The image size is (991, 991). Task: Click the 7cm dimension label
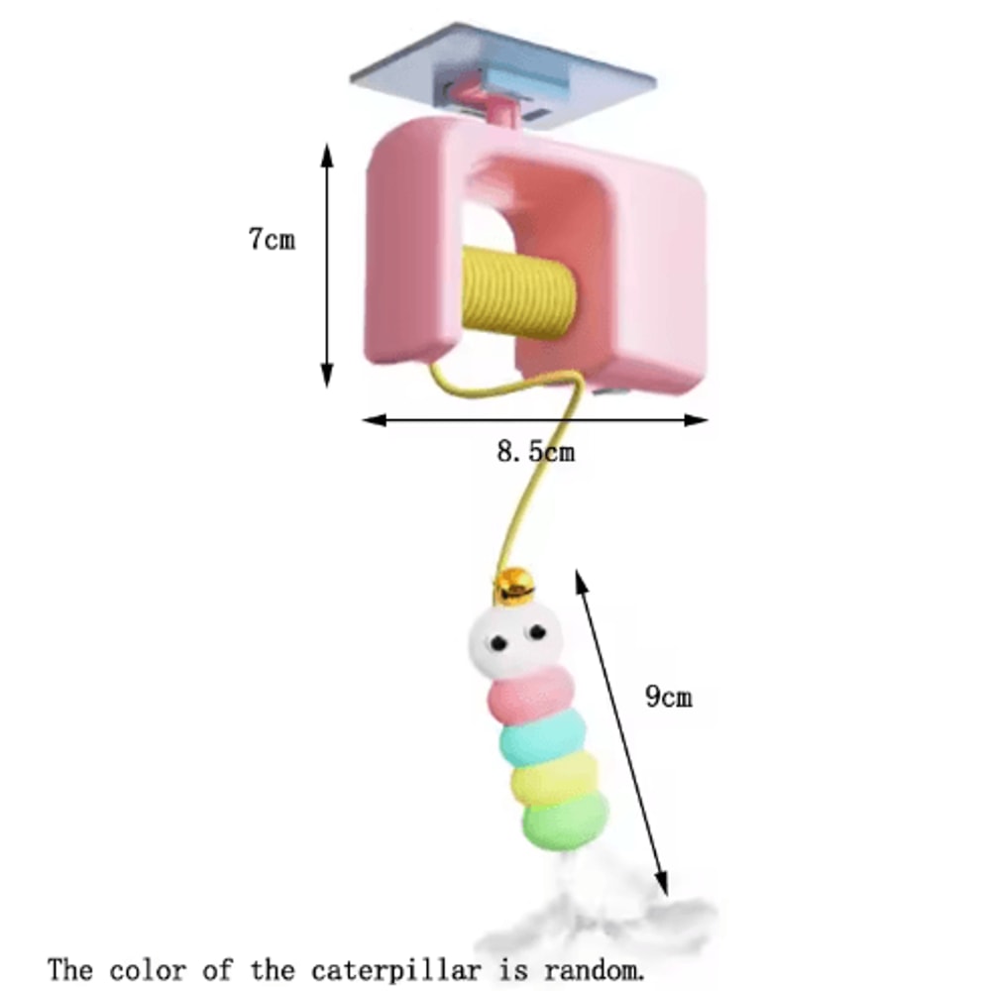tap(272, 239)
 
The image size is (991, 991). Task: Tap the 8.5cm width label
tap(536, 451)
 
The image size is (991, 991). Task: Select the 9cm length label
tap(669, 696)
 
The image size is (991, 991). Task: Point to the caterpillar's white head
tap(515, 641)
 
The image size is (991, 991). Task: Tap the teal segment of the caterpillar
tap(543, 738)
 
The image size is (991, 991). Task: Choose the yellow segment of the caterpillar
tap(554, 779)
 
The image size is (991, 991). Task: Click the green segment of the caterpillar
tap(566, 821)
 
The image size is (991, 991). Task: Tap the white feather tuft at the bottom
tap(598, 917)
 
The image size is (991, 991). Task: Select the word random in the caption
tap(594, 970)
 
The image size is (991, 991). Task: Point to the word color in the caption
tap(148, 970)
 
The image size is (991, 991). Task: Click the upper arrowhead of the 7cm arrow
tap(327, 155)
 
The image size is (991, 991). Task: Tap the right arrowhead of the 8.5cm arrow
tap(697, 419)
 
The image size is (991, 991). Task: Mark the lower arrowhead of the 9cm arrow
tap(661, 884)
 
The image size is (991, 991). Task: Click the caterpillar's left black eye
tap(498, 643)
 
